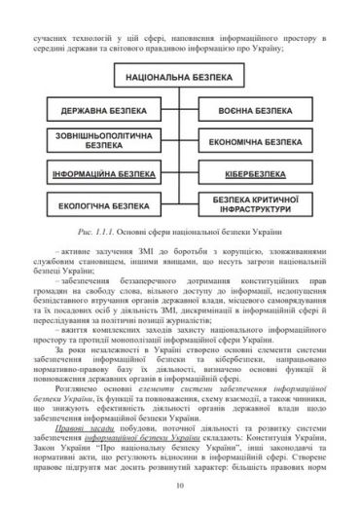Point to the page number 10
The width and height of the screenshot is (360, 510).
(179, 488)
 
